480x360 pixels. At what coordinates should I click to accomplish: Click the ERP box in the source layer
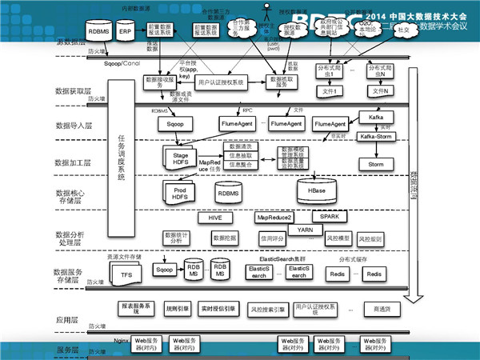click(x=125, y=33)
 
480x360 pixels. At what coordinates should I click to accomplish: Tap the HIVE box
click(x=214, y=218)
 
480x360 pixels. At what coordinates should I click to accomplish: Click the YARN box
click(x=305, y=230)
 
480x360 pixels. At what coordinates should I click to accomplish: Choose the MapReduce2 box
click(x=274, y=218)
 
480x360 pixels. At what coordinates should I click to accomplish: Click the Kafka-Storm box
click(x=376, y=138)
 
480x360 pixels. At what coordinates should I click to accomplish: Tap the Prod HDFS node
click(x=180, y=192)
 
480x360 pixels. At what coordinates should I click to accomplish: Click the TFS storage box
click(x=126, y=274)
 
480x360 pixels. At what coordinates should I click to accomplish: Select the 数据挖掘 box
click(x=225, y=238)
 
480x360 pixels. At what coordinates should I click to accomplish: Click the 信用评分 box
click(x=274, y=238)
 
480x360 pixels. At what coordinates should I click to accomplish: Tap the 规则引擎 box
click(x=177, y=307)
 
